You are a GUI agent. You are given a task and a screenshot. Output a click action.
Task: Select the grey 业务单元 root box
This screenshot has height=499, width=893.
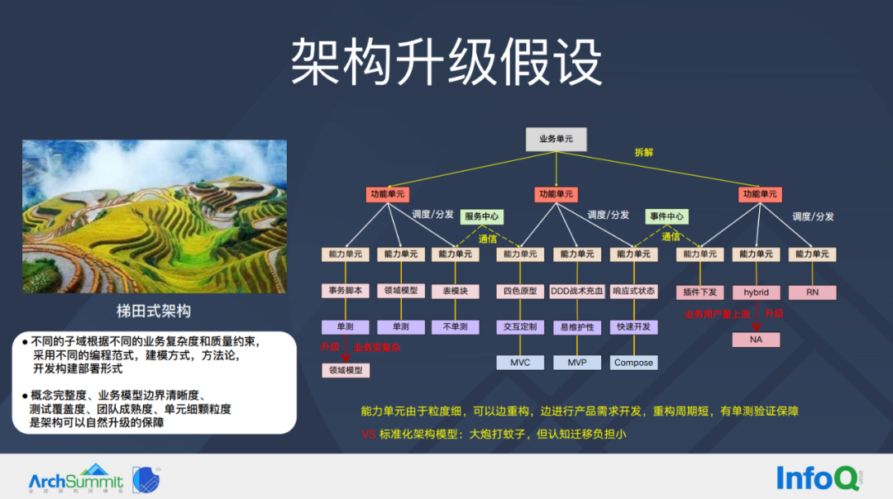(x=556, y=140)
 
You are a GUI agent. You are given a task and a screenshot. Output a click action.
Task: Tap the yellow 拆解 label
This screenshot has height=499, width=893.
(x=643, y=152)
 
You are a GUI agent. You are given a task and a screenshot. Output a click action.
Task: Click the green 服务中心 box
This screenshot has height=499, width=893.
(x=481, y=216)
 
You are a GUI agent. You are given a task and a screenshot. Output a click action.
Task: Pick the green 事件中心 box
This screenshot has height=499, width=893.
(x=666, y=216)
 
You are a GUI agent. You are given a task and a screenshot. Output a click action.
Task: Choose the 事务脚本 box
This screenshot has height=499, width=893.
(x=345, y=291)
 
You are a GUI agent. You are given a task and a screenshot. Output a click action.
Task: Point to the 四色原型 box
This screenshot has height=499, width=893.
(x=520, y=291)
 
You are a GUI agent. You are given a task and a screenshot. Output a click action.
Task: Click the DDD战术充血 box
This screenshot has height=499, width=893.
(x=576, y=291)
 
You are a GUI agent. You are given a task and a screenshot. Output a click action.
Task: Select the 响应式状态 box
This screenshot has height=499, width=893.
(x=633, y=291)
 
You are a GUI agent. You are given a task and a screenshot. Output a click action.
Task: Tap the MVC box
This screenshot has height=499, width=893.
(x=520, y=363)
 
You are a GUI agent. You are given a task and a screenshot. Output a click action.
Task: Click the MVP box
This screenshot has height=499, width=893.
(x=576, y=363)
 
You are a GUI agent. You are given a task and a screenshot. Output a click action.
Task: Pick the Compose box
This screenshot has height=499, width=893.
(x=633, y=363)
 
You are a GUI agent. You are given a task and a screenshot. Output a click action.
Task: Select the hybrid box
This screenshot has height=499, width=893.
(x=756, y=292)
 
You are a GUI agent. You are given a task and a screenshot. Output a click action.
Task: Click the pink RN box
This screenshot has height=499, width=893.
(x=812, y=292)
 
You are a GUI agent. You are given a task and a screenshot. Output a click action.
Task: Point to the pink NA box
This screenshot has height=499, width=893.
(x=756, y=340)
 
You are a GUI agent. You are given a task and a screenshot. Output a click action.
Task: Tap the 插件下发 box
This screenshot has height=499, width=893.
(x=700, y=292)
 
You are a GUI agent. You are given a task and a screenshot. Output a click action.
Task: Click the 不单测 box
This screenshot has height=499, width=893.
(x=455, y=327)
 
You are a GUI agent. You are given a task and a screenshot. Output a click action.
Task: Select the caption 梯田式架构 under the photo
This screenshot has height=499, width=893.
(x=154, y=311)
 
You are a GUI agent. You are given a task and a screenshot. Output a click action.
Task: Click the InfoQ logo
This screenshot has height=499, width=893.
(x=814, y=478)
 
